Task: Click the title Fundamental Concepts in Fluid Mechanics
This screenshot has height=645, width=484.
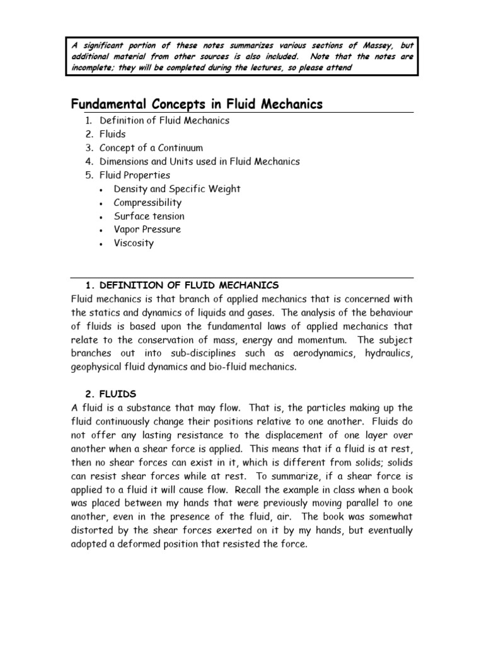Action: click(x=196, y=104)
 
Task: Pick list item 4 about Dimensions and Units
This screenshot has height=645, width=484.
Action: click(x=200, y=161)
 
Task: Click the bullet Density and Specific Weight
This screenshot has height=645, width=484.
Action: click(x=176, y=189)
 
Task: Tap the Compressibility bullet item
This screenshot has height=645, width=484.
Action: click(x=147, y=203)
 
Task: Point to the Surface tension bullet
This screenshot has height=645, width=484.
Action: click(x=149, y=216)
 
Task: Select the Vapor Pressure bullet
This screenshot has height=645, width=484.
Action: click(x=147, y=229)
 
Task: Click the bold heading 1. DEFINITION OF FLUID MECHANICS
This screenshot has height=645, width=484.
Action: click(x=181, y=285)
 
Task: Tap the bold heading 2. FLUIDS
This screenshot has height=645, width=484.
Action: click(x=111, y=394)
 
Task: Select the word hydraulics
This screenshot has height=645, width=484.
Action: click(x=388, y=354)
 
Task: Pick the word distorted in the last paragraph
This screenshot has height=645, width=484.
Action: click(x=93, y=530)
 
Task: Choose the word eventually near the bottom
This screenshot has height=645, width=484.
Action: click(x=388, y=530)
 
